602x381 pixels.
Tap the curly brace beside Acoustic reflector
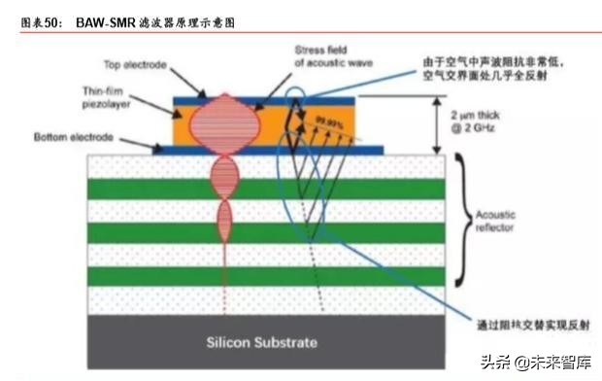coord(464,219)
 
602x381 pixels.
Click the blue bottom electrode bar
coord(272,150)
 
